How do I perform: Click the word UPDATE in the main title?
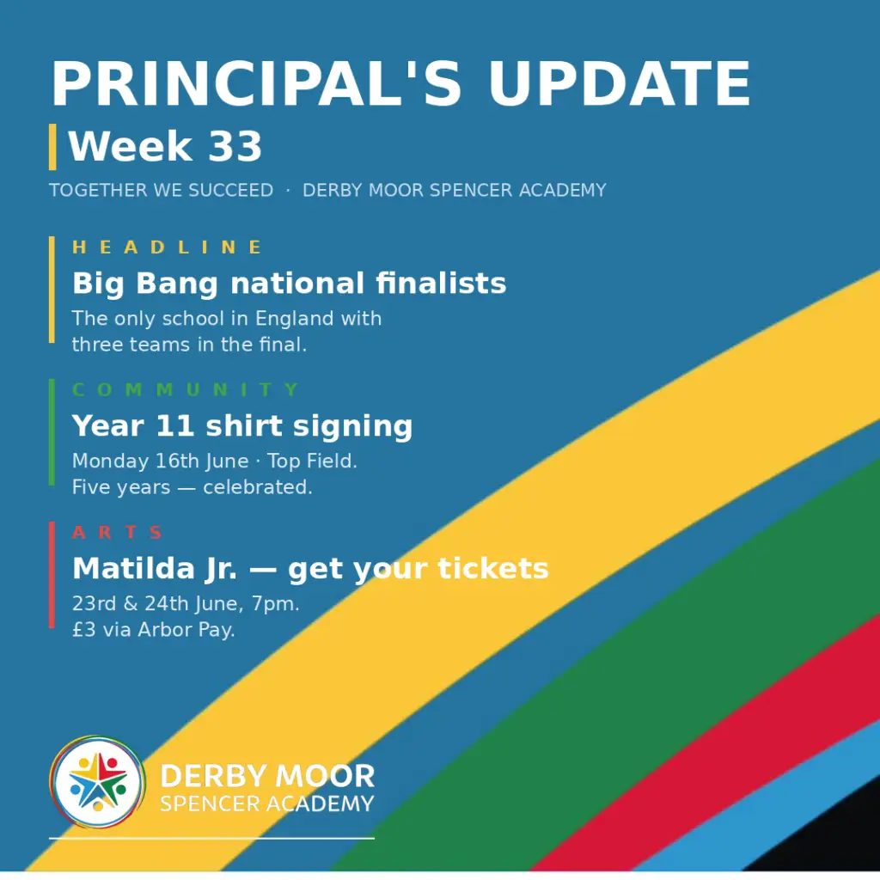click(x=620, y=83)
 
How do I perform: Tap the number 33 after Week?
click(x=235, y=146)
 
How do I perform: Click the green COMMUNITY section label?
click(x=186, y=389)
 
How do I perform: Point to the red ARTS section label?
click(x=117, y=532)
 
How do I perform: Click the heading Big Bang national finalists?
click(x=289, y=284)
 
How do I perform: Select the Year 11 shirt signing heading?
click(x=242, y=426)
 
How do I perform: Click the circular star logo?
click(x=98, y=782)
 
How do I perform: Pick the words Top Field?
click(x=311, y=461)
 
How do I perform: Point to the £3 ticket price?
click(x=84, y=630)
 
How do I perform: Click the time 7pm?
click(x=275, y=604)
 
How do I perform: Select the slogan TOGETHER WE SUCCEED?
click(x=161, y=190)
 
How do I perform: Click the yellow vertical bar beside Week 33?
click(x=52, y=147)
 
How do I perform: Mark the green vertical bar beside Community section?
click(x=52, y=431)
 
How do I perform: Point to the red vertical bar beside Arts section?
click(x=52, y=575)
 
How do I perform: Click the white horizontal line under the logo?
click(x=211, y=839)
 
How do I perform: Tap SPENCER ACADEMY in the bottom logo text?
click(x=267, y=804)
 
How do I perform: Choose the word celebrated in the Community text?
click(x=258, y=487)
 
